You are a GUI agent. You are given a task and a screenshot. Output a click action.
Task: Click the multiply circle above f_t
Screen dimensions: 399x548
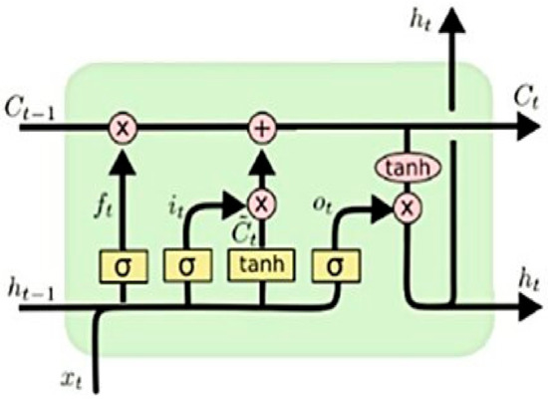pyautogui.click(x=123, y=127)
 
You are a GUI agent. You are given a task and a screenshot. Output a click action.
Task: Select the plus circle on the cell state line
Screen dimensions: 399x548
pyautogui.click(x=261, y=127)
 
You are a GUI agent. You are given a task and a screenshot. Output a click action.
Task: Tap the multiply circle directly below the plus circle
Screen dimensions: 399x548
pyautogui.click(x=261, y=204)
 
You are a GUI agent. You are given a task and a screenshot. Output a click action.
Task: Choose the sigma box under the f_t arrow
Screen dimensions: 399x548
pyautogui.click(x=123, y=266)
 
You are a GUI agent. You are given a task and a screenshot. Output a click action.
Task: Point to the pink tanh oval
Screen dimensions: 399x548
pyautogui.click(x=407, y=167)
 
